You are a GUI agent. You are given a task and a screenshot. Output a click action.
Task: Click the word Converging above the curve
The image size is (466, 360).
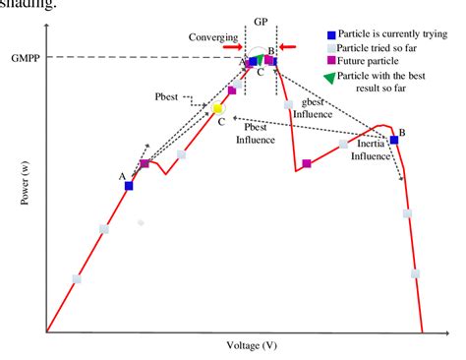pyautogui.click(x=213, y=36)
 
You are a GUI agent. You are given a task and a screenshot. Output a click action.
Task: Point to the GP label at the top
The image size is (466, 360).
pyautogui.click(x=261, y=21)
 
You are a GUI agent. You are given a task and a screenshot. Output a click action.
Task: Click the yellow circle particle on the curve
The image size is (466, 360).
pyautogui.click(x=218, y=108)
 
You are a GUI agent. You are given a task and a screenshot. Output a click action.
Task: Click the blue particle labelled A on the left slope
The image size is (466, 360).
pyautogui.click(x=129, y=185)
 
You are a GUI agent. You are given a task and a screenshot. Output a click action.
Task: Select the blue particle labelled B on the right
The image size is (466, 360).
pyautogui.click(x=394, y=140)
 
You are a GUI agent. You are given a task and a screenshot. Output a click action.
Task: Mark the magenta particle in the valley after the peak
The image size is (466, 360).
pyautogui.click(x=308, y=163)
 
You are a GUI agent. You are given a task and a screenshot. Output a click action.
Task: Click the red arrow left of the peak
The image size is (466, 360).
pyautogui.click(x=230, y=45)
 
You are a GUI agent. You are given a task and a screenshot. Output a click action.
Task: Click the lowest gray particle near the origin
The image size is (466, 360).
pyautogui.click(x=77, y=278)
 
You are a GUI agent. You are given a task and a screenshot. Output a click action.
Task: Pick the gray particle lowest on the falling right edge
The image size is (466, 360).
pyautogui.click(x=416, y=273)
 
